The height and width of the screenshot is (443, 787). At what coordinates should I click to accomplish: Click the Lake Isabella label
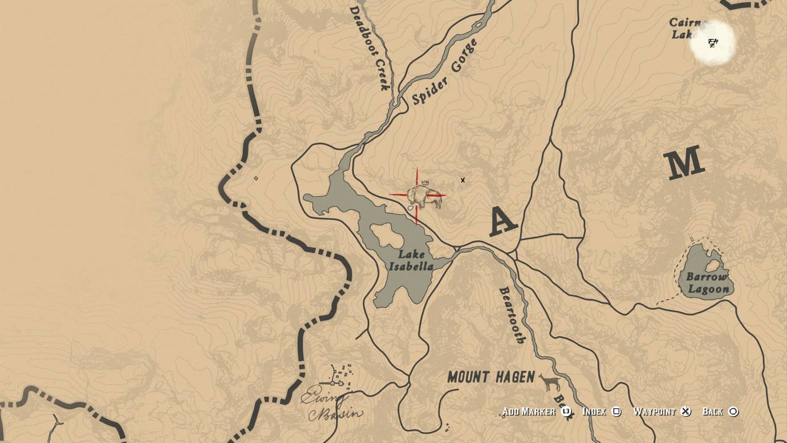[411, 260]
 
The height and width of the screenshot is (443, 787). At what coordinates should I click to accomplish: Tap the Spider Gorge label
[445, 73]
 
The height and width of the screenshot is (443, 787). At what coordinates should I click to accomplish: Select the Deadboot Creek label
[370, 48]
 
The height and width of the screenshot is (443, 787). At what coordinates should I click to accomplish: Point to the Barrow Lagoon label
[708, 283]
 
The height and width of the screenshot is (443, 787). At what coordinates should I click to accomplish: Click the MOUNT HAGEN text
[491, 377]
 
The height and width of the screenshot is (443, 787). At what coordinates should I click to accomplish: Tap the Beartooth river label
[512, 315]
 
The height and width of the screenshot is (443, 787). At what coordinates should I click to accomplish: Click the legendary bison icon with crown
[424, 195]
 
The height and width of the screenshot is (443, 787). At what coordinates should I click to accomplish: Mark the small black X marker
[463, 180]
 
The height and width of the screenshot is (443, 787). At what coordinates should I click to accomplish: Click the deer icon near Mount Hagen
[550, 382]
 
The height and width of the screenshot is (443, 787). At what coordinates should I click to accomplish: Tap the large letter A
[503, 222]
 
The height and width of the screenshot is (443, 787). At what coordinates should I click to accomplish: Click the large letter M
[684, 163]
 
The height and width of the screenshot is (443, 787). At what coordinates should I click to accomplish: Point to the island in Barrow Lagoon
[712, 265]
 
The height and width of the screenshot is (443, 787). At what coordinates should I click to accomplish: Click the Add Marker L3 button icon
[566, 411]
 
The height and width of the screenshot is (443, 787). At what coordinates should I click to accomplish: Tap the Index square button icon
[616, 411]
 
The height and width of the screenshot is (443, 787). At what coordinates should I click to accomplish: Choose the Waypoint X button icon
[686, 411]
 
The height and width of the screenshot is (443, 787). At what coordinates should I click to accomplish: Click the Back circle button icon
[733, 411]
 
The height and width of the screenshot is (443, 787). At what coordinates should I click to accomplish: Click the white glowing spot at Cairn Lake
[713, 43]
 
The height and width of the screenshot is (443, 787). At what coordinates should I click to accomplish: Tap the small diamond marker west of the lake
[255, 178]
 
